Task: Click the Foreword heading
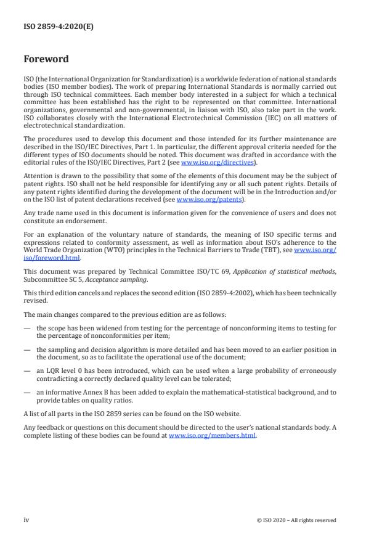point(46,60)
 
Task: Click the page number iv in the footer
point(26,520)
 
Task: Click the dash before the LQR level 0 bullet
point(27,370)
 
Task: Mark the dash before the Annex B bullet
point(27,391)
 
